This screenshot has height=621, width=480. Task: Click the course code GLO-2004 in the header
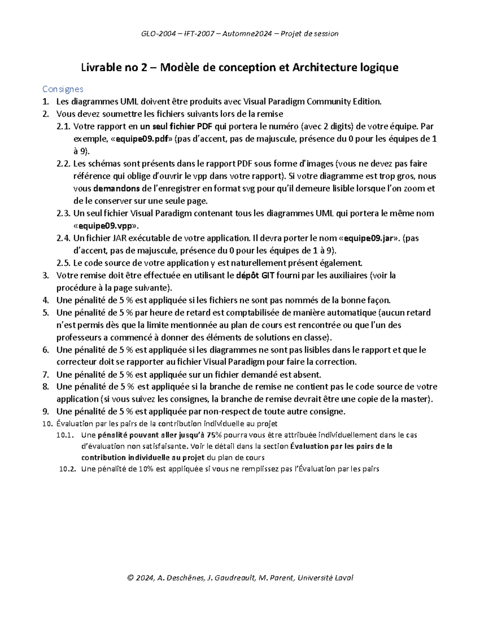pos(158,34)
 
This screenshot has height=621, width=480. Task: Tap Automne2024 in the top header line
pos(239,34)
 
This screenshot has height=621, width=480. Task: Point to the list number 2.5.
pos(64,263)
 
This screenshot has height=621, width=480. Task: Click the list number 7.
pos(46,375)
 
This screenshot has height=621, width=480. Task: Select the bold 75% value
pos(214,435)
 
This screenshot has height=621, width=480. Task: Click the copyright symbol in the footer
pos(130,578)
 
